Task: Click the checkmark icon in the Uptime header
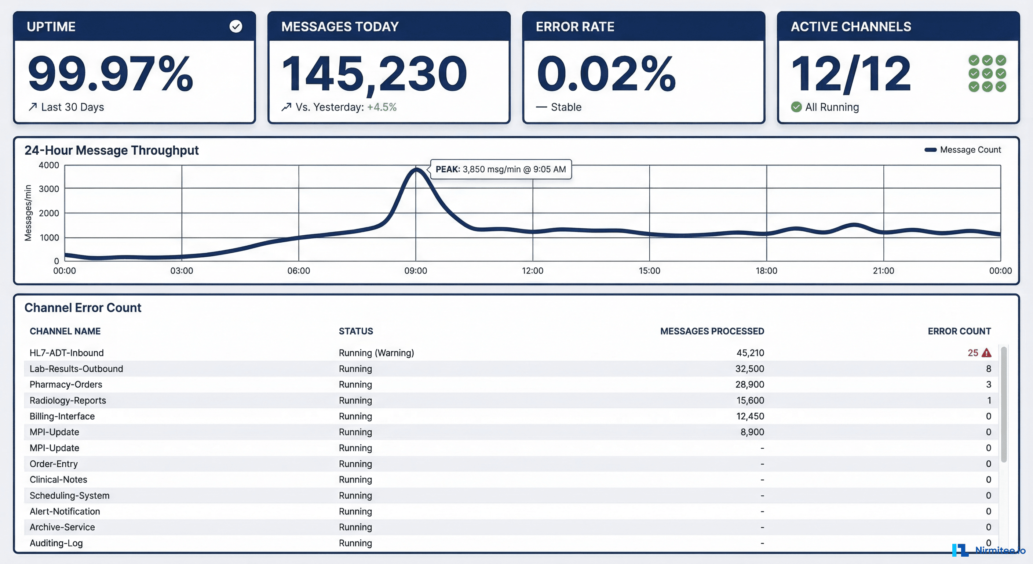(x=236, y=26)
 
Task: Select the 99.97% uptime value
(x=111, y=74)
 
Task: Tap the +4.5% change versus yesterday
(x=382, y=107)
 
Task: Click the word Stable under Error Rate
(x=566, y=107)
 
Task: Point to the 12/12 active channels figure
(x=851, y=74)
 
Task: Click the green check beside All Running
(x=796, y=107)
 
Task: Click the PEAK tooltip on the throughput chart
(x=500, y=169)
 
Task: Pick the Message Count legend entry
(x=963, y=150)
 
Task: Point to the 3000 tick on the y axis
(x=49, y=189)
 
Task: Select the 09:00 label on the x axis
(x=416, y=271)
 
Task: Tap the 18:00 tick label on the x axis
(x=766, y=271)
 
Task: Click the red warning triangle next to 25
(x=986, y=353)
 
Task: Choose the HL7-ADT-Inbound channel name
(x=66, y=353)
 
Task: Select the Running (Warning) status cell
(x=376, y=353)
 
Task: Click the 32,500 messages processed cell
(x=749, y=369)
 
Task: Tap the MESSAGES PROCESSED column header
(x=712, y=331)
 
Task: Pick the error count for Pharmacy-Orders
(x=989, y=384)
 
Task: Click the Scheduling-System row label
(x=69, y=495)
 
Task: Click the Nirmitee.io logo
(x=989, y=550)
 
